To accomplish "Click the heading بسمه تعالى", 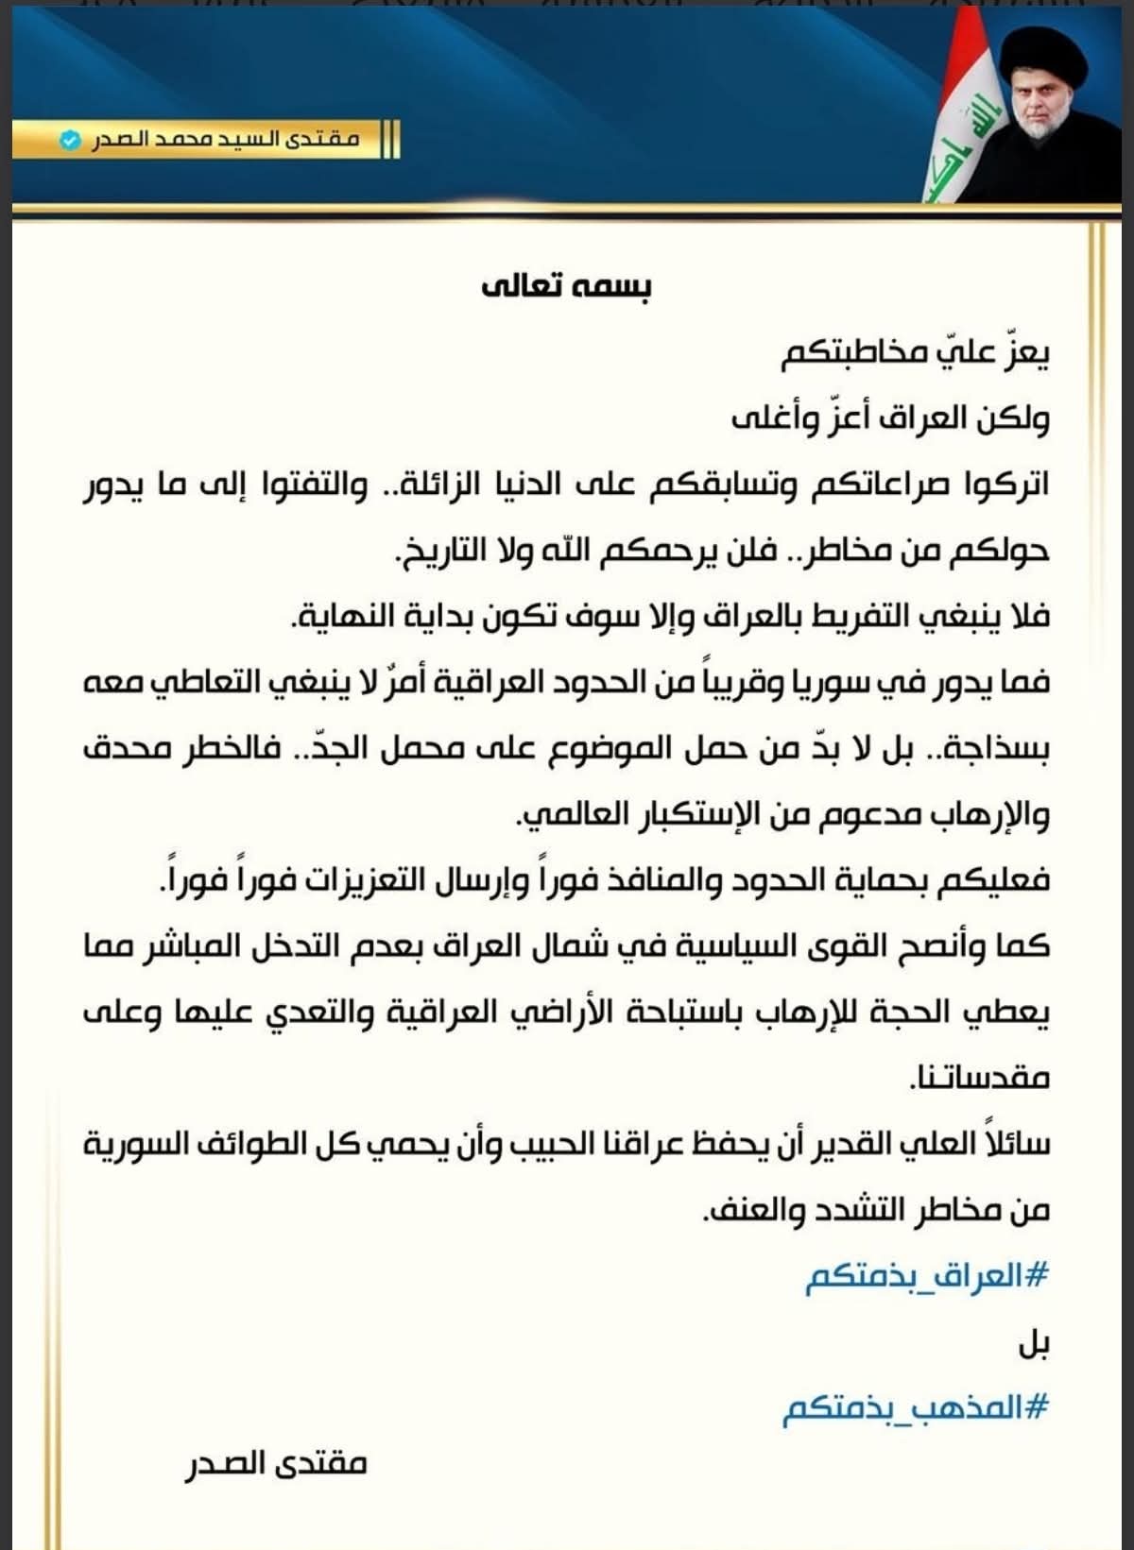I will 566,285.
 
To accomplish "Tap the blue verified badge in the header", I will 69,141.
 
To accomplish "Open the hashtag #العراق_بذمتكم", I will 927,1277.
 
